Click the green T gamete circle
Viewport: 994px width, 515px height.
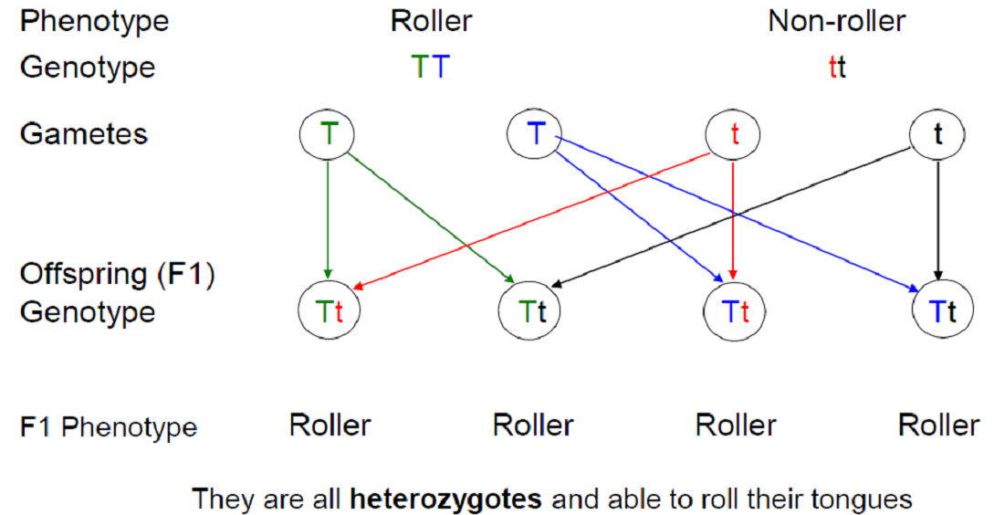[327, 134]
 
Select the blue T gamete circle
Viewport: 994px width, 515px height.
[534, 134]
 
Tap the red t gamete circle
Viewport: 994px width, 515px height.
[735, 134]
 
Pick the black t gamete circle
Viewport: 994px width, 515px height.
[937, 134]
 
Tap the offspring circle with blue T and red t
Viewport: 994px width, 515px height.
[735, 311]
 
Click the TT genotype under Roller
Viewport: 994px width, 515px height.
[430, 68]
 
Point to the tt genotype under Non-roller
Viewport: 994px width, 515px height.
[837, 68]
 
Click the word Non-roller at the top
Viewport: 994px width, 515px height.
[837, 21]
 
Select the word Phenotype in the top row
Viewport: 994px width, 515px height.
[94, 21]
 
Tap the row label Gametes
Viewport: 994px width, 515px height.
[83, 134]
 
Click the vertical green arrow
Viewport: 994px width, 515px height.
[327, 219]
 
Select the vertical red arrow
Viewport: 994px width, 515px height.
[735, 219]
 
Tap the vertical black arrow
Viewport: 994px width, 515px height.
[937, 219]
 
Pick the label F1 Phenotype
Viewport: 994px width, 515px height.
[109, 426]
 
